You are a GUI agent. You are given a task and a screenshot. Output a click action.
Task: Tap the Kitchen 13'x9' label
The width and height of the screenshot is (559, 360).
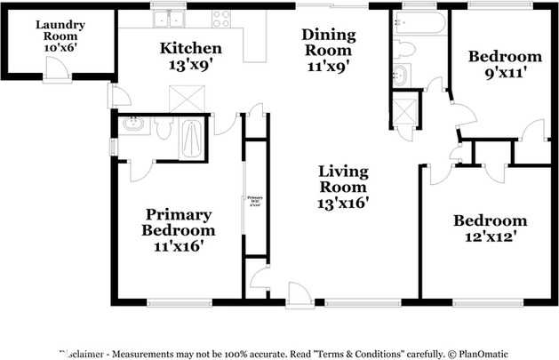[x=191, y=55]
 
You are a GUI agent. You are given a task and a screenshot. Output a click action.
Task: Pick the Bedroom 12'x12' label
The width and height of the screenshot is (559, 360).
[x=490, y=228]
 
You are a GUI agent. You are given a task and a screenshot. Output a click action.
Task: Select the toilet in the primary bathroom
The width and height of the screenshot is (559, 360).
[x=163, y=131]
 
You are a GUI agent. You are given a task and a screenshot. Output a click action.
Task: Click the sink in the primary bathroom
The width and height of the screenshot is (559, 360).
[x=134, y=125]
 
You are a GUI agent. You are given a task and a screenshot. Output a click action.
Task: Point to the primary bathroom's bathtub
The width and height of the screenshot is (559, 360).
[x=191, y=139]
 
